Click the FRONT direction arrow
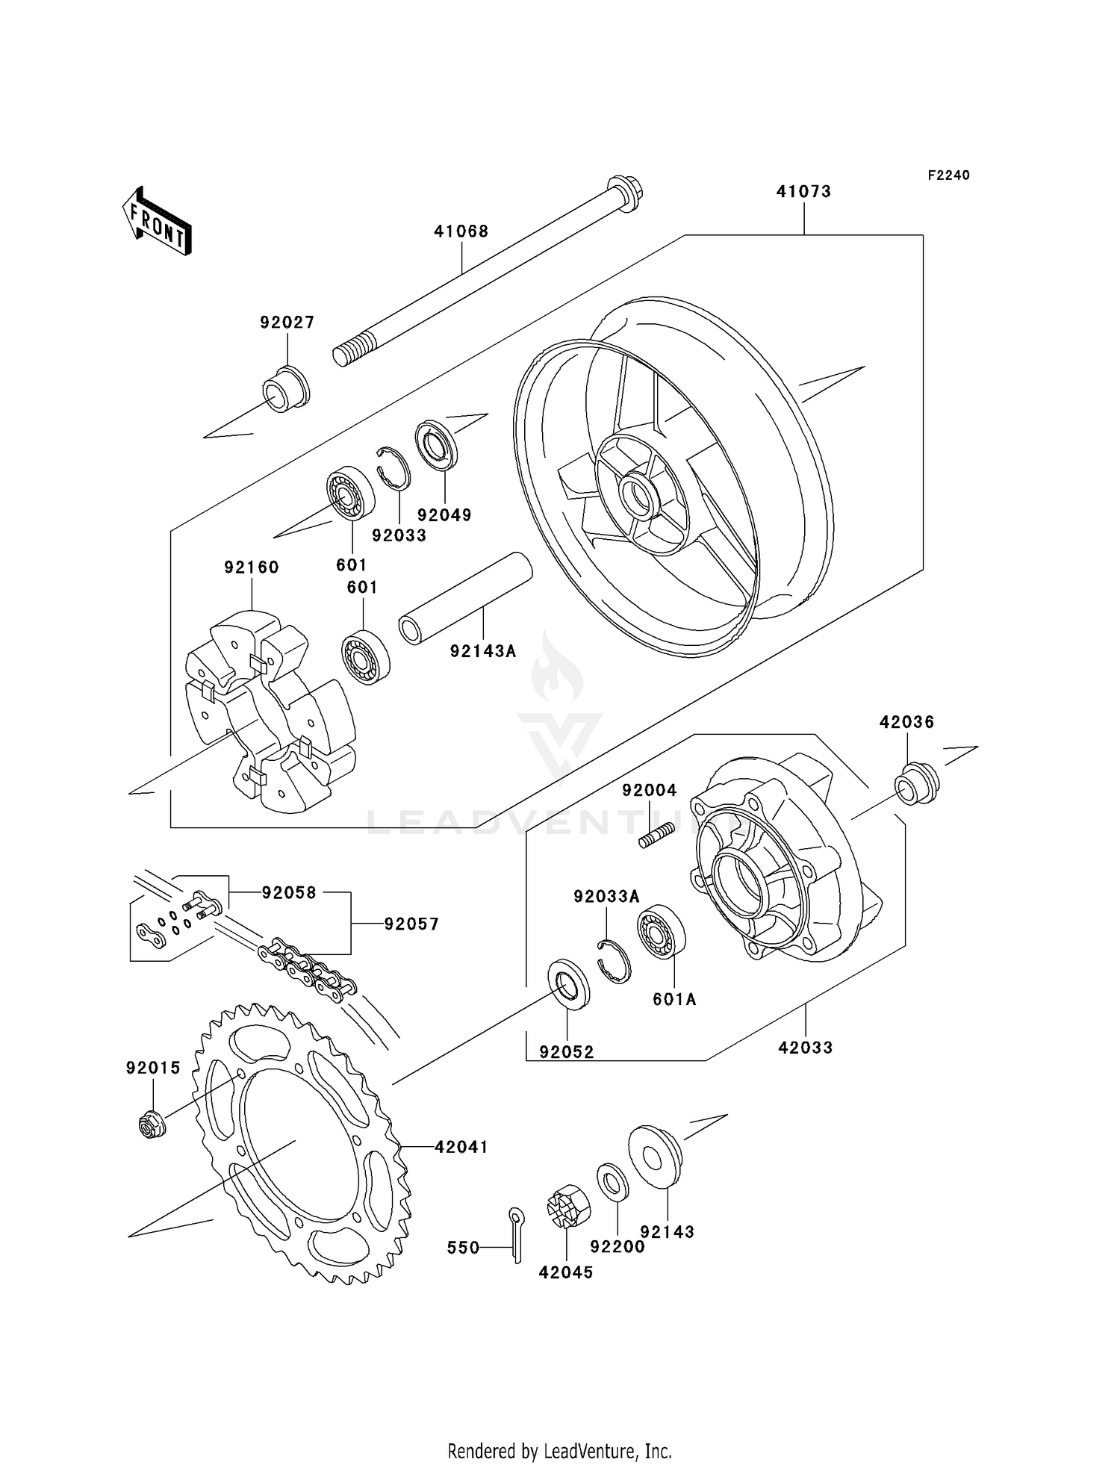coord(158,222)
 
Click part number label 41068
coord(461,231)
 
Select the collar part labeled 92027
coord(285,390)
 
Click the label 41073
coord(803,192)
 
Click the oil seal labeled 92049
coord(436,446)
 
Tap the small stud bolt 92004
coord(657,835)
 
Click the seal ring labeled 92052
coord(569,985)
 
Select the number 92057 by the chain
coord(411,924)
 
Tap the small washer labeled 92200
coord(613,1182)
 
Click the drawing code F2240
coord(948,175)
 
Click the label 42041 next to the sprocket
coord(461,1147)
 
